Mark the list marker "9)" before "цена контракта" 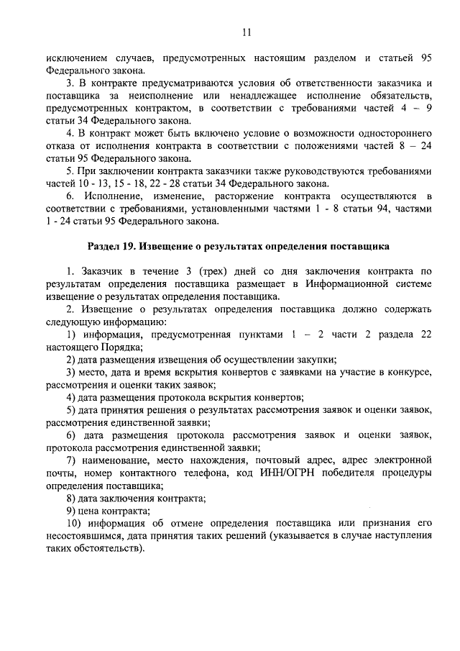coord(72,511)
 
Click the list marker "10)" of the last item coord(75,523)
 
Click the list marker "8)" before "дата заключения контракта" coord(72,498)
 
